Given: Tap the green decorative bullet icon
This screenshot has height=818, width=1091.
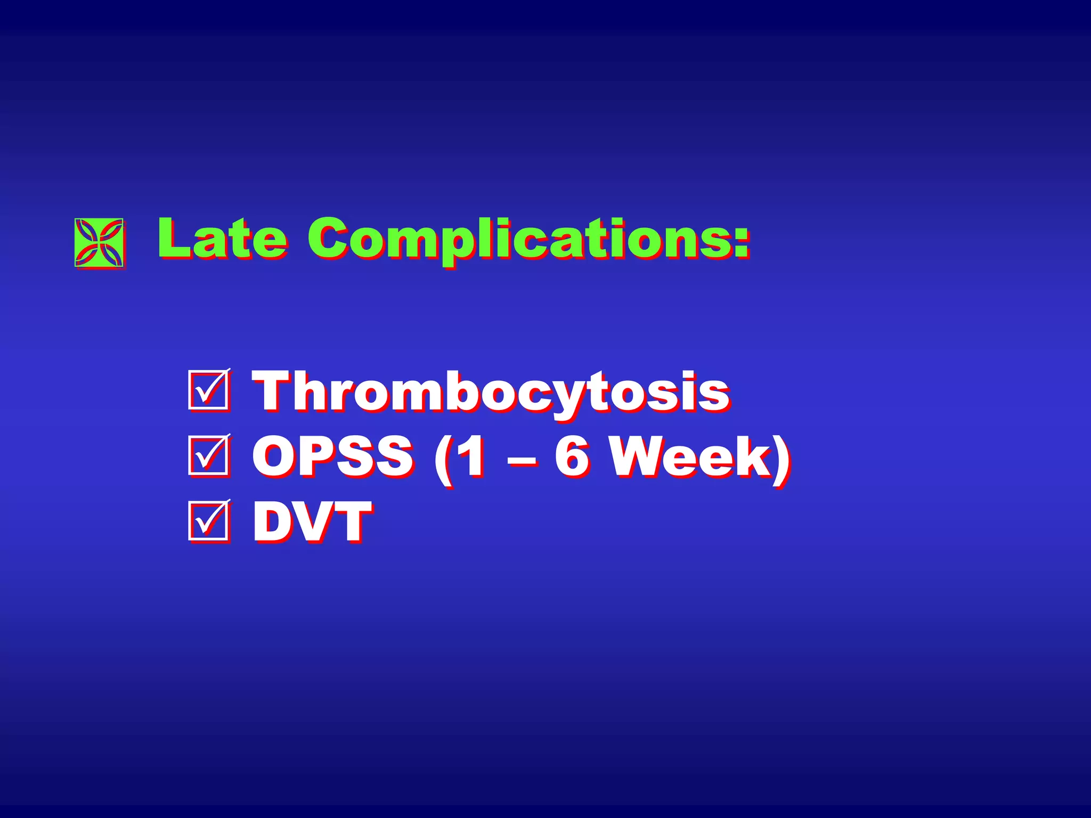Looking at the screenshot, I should pyautogui.click(x=100, y=242).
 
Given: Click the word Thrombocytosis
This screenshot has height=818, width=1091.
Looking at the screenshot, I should pyautogui.click(x=490, y=392).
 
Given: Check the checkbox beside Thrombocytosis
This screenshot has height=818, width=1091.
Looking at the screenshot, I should pyautogui.click(x=208, y=390).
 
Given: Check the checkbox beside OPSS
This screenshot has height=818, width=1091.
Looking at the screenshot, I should pyautogui.click(x=208, y=455).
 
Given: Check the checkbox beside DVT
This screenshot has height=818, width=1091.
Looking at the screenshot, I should pyautogui.click(x=208, y=520).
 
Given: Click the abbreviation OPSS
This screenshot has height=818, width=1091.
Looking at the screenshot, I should pyautogui.click(x=333, y=456).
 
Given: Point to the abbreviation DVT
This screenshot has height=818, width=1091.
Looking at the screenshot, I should pyautogui.click(x=312, y=521).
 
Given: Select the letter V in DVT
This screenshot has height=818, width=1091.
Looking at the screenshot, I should pyautogui.click(x=314, y=521).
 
